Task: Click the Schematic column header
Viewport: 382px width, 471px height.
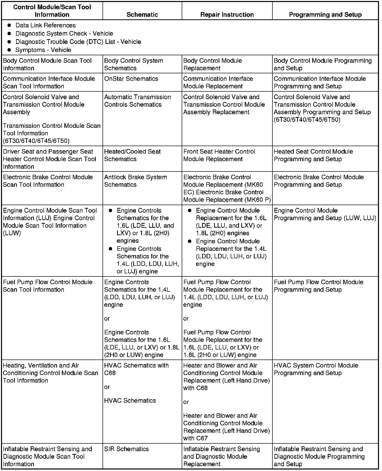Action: pyautogui.click(x=142, y=15)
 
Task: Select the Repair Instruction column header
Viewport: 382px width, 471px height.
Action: pyautogui.click(x=227, y=15)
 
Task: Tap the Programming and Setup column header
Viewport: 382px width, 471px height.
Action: pyautogui.click(x=325, y=15)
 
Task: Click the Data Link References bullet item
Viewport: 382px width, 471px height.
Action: pyautogui.click(x=45, y=25)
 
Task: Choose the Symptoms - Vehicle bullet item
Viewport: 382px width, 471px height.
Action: pyautogui.click(x=43, y=50)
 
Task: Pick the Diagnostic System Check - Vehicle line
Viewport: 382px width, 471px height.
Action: pyautogui.click(x=64, y=34)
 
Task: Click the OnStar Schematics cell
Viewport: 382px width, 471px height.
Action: pyautogui.click(x=131, y=79)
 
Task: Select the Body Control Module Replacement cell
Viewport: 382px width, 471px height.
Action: pyautogui.click(x=212, y=65)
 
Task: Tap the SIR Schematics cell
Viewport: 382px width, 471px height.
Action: pyautogui.click(x=126, y=449)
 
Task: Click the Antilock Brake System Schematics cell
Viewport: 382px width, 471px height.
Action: pyautogui.click(x=135, y=181)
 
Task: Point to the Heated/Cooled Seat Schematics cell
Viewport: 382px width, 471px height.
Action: pyautogui.click(x=132, y=155)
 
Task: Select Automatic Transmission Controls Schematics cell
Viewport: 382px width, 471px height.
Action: pyautogui.click(x=137, y=101)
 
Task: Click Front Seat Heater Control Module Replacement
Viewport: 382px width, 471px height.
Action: pyautogui.click(x=219, y=155)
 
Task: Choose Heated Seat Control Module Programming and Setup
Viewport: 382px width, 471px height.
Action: pyautogui.click(x=313, y=155)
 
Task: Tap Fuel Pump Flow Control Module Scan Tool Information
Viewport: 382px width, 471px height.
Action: pyautogui.click(x=48, y=286)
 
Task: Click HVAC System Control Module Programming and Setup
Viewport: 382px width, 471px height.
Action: pyautogui.click(x=316, y=369)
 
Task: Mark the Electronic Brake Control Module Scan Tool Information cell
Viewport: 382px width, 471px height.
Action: pyautogui.click(x=48, y=181)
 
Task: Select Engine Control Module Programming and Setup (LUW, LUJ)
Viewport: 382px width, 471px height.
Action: pyautogui.click(x=325, y=214)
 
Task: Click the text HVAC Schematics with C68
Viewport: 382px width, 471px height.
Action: pyautogui.click(x=136, y=369)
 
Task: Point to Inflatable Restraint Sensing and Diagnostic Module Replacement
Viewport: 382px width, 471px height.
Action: pyautogui.click(x=221, y=456)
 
